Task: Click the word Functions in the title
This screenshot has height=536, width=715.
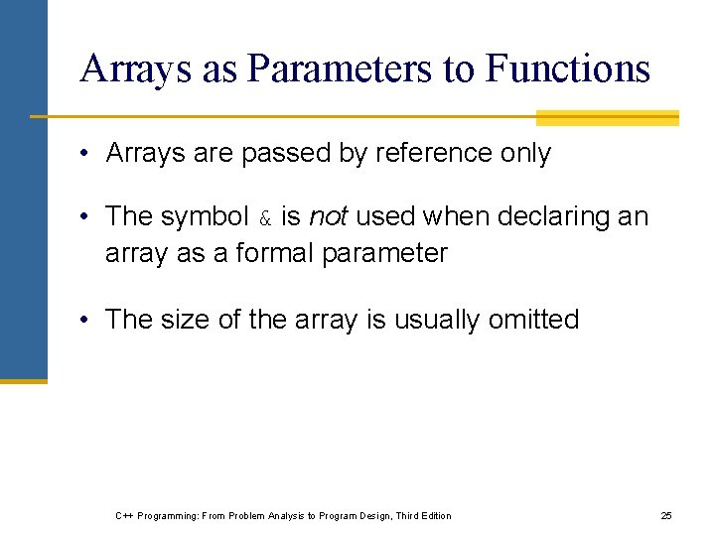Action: coord(568,68)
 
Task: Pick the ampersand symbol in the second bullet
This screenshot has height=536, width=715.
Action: coord(265,217)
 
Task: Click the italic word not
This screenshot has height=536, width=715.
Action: coord(328,215)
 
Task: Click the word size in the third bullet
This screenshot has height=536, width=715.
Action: coord(186,320)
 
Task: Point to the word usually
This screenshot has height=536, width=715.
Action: coord(438,320)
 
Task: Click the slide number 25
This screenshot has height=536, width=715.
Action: coord(666,515)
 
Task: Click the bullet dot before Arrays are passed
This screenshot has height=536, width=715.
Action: coord(87,154)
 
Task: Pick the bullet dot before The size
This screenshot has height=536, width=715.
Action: coord(87,320)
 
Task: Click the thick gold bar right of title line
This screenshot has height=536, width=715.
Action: coord(607,118)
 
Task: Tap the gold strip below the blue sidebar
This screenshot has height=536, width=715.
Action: coord(23,380)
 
